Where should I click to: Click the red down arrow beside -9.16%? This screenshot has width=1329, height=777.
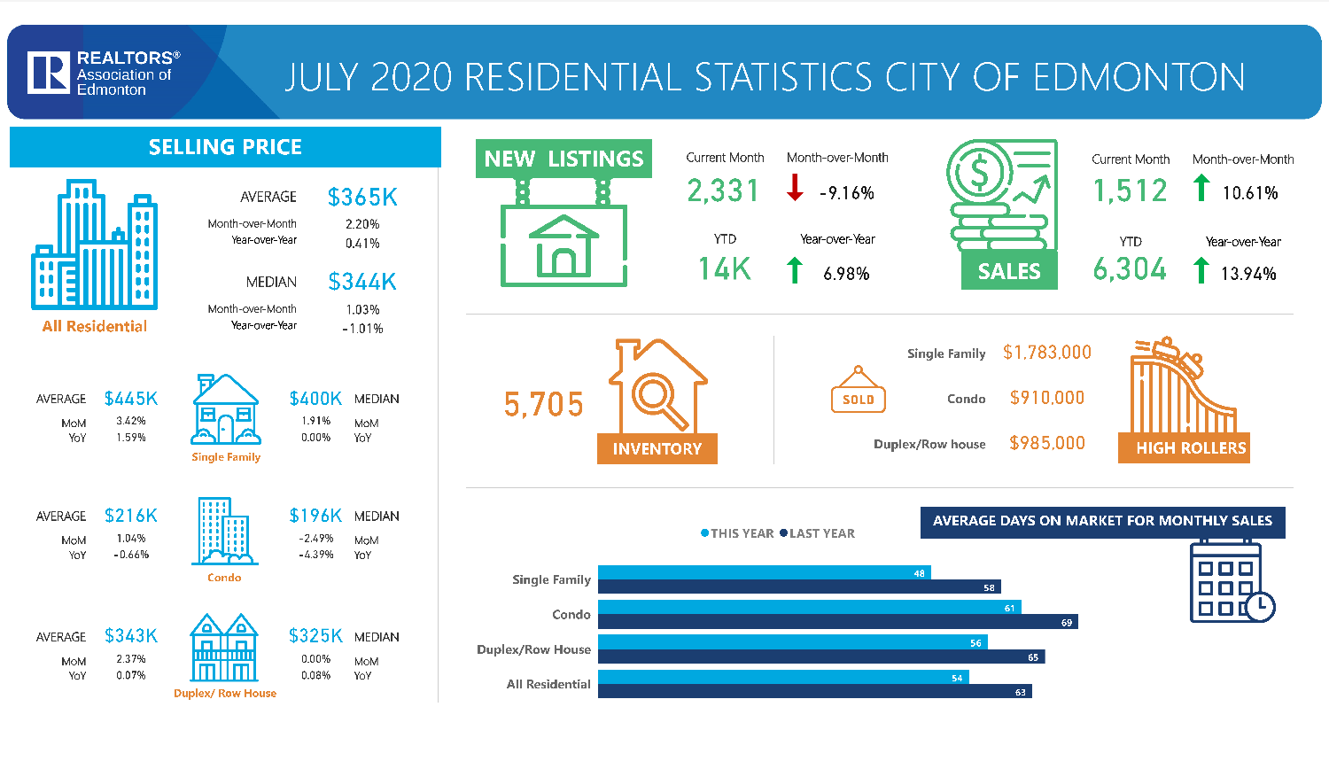coord(795,188)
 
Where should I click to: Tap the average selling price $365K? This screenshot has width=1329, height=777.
coord(362,197)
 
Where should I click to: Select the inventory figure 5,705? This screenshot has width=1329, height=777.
coord(543,405)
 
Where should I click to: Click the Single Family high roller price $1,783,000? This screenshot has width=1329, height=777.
coord(1046,353)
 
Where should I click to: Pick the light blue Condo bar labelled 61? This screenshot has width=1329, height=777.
coord(809,607)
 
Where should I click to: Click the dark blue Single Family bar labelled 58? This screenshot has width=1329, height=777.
coord(799,587)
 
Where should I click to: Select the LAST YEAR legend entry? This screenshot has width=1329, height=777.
coord(817,533)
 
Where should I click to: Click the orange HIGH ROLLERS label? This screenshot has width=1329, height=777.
coord(1191,448)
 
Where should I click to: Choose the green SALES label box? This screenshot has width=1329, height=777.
coord(1009,271)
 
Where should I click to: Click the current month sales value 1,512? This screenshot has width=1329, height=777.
coord(1130,190)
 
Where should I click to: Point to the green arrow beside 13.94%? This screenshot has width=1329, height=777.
coord(1201,270)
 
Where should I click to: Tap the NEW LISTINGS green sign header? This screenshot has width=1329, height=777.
coord(563,159)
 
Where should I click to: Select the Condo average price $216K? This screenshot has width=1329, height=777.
coord(131,516)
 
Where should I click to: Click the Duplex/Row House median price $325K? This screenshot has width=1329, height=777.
coord(315,636)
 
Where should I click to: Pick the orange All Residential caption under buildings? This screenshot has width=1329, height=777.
coord(95,326)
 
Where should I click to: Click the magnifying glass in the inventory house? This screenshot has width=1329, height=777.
coord(657,395)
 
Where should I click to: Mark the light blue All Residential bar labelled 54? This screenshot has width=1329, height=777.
coord(783,677)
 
